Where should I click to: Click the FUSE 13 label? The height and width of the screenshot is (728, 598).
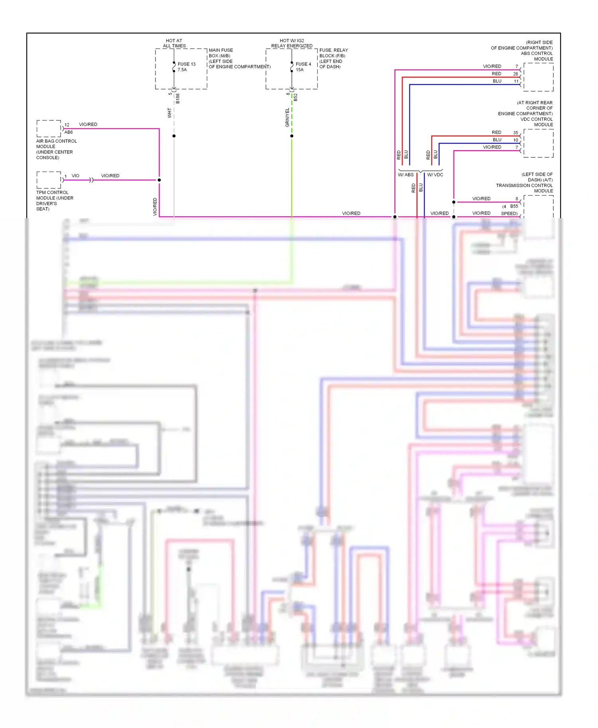click(x=186, y=64)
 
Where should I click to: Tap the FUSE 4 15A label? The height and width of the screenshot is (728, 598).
click(x=303, y=67)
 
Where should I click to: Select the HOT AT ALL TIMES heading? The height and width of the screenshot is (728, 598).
click(x=174, y=43)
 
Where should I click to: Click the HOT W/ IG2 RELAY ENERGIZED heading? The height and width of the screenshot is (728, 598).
click(x=292, y=43)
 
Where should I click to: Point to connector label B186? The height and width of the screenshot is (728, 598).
click(x=178, y=98)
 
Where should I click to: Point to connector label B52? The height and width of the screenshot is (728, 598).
click(x=295, y=97)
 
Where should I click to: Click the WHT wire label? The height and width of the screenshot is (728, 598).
click(x=169, y=113)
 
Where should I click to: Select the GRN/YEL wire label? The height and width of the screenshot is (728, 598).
click(x=287, y=117)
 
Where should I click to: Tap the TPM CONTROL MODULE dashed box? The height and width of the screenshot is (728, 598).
click(x=49, y=180)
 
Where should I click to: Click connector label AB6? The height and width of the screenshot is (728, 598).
click(x=69, y=132)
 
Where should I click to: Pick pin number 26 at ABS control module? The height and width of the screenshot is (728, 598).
click(x=515, y=74)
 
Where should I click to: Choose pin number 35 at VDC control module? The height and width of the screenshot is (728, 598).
click(x=515, y=133)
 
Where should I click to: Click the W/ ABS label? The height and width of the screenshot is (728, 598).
click(x=405, y=175)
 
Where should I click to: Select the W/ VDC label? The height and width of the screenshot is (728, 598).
click(x=435, y=175)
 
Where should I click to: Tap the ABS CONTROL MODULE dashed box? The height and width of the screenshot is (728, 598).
click(x=538, y=78)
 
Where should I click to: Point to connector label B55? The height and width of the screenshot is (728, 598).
click(x=514, y=206)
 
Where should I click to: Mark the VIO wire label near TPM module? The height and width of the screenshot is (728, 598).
click(x=75, y=176)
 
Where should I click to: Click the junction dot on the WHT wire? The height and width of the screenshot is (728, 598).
click(x=174, y=136)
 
